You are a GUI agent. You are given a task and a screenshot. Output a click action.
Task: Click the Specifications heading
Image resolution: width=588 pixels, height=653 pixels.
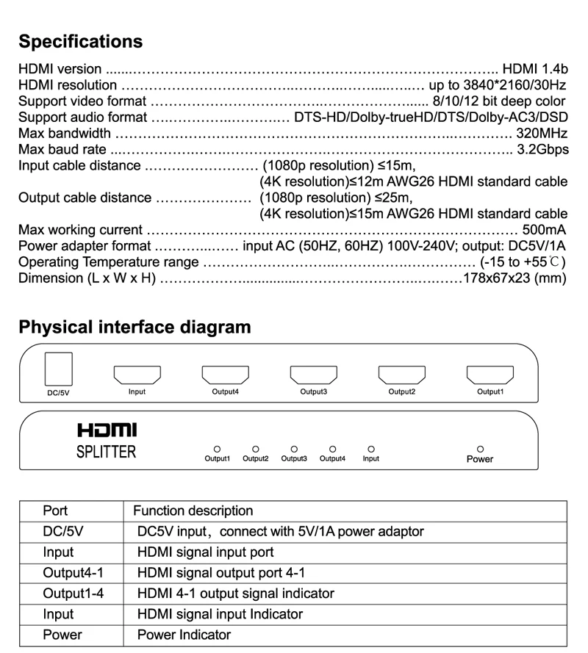[x=80, y=41]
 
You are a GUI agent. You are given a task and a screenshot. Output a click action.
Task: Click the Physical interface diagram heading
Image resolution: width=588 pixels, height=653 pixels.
[x=135, y=327]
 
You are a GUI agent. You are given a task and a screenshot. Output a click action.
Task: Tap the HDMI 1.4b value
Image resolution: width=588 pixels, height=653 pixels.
[x=535, y=69]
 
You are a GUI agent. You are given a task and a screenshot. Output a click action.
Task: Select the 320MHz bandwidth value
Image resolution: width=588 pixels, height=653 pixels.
[x=542, y=134]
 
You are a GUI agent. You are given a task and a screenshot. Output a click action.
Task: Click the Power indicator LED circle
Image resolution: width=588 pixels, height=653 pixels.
[x=481, y=448]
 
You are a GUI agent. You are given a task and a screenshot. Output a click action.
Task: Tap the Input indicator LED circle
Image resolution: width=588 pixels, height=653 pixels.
[x=371, y=448]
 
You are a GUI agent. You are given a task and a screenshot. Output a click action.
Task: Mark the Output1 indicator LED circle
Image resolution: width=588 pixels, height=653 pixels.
[x=217, y=448]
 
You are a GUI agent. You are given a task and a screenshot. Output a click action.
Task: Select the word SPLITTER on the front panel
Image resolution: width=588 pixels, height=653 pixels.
[x=107, y=451]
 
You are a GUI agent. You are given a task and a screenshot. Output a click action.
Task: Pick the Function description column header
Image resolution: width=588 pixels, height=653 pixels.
[x=193, y=511]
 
